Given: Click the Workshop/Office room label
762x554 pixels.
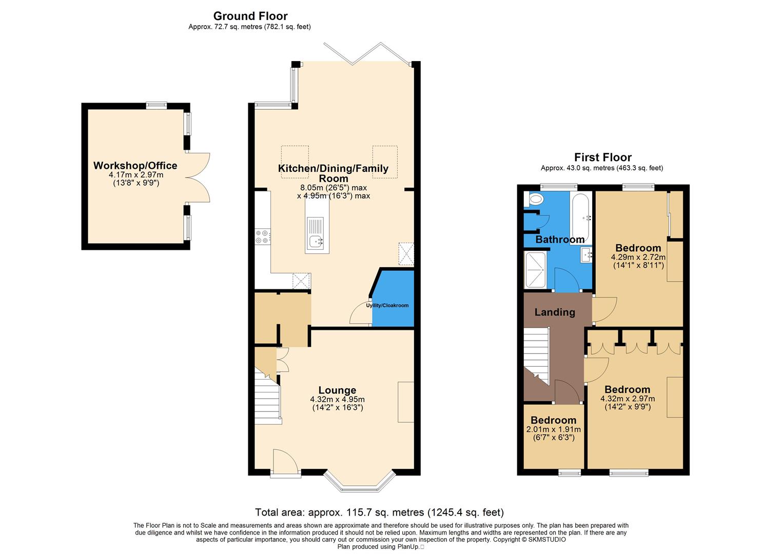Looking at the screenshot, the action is tap(135, 166).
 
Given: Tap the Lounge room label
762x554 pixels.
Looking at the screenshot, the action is tap(337, 390).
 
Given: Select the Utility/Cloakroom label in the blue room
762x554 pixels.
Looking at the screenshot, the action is tap(387, 306).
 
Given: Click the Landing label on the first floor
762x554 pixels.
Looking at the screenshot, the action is tap(555, 312).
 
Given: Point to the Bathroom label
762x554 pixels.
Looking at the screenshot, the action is tap(560, 240).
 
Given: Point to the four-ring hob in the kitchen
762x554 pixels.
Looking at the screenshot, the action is tap(263, 236).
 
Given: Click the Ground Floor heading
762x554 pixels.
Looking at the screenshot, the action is tap(250, 16).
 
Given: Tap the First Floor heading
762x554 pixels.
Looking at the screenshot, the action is tap(602, 157).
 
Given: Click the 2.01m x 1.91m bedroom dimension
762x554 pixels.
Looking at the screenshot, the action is tap(554, 430).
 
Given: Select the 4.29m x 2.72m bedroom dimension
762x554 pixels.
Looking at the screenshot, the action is tap(638, 258).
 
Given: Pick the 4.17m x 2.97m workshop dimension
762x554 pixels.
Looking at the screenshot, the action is tap(135, 175).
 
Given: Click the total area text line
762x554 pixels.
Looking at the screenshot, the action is tap(380, 512).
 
